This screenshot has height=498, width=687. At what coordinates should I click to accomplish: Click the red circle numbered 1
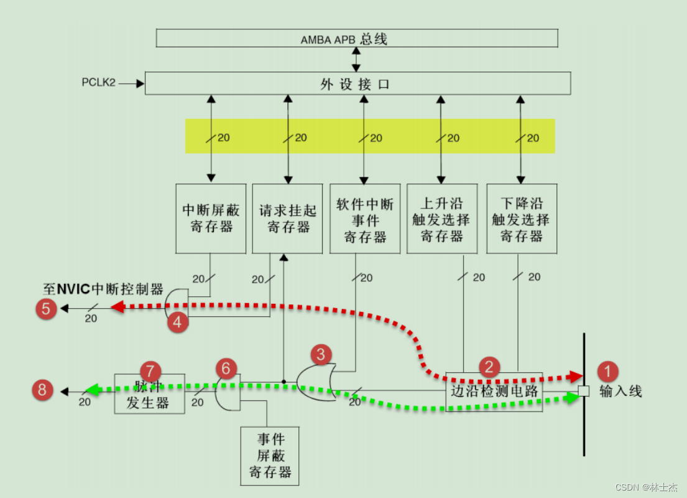click(607, 372)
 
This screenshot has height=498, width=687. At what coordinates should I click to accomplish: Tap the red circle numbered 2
click(489, 366)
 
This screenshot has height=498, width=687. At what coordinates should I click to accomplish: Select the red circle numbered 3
click(321, 355)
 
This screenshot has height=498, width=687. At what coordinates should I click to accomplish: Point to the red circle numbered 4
click(178, 322)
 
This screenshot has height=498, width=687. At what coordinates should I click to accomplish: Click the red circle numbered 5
click(45, 308)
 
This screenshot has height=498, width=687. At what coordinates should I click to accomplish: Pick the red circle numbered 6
click(226, 368)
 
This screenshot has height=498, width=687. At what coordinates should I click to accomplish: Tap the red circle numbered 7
click(150, 368)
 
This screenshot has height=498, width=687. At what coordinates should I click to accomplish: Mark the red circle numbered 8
click(42, 390)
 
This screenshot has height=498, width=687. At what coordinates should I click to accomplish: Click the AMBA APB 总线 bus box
click(356, 39)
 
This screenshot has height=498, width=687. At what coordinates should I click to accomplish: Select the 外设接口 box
click(357, 83)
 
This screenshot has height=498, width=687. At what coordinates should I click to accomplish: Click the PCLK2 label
click(98, 82)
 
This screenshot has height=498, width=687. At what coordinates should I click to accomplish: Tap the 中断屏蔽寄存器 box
click(211, 218)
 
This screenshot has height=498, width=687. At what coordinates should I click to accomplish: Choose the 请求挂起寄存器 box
click(287, 218)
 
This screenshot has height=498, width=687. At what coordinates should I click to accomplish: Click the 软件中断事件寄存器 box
click(365, 218)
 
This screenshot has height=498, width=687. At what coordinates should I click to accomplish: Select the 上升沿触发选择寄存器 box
click(441, 218)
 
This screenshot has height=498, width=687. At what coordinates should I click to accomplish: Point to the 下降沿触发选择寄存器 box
click(521, 218)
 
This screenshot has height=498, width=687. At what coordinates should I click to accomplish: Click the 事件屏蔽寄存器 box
click(269, 456)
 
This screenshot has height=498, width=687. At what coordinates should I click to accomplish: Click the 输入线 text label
click(620, 392)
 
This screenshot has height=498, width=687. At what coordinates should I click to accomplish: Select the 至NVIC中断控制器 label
click(103, 289)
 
